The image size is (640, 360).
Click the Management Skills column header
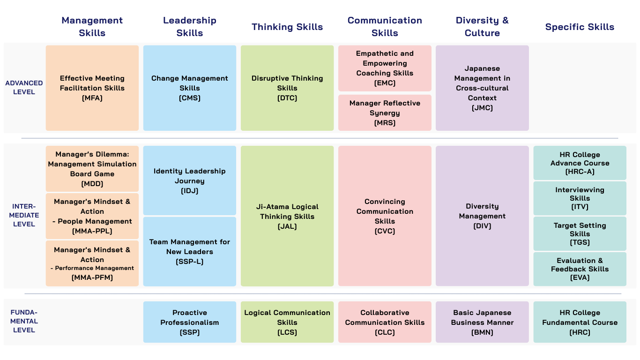click(92, 27)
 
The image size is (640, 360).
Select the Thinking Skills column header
click(287, 27)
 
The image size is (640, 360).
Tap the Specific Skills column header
click(580, 27)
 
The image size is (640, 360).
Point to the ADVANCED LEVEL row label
click(24, 88)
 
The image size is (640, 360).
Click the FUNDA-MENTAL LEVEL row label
click(24, 321)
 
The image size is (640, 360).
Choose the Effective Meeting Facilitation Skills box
click(92, 88)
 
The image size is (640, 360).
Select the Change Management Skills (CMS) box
click(190, 88)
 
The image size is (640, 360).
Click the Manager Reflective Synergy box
click(385, 113)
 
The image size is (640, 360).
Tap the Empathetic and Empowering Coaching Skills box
click(385, 68)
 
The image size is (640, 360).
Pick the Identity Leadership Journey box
click(190, 180)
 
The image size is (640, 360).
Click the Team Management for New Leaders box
click(190, 251)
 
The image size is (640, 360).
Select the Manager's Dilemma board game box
click(92, 169)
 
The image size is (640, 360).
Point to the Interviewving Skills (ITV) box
click(580, 198)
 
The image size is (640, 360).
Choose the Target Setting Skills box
click(580, 233)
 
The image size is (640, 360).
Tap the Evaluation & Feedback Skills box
click(580, 269)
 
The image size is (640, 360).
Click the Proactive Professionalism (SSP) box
click(190, 322)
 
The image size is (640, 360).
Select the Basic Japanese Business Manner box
click(482, 322)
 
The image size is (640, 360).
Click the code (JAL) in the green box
click(287, 226)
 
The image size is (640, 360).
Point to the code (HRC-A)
click(580, 172)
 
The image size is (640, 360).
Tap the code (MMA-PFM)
click(92, 277)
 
